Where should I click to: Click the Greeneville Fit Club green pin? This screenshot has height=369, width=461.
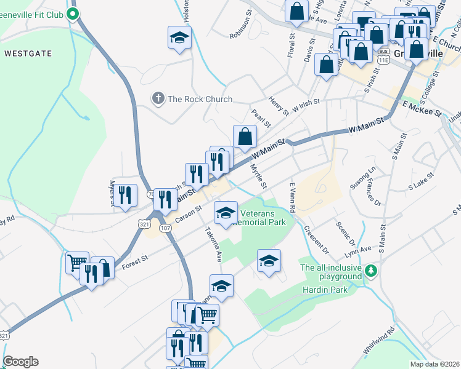click(73, 14)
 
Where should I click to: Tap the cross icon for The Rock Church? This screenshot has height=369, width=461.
click(158, 98)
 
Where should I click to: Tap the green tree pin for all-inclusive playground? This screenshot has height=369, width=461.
click(371, 270)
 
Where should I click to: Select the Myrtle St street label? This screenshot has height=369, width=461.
click(259, 175)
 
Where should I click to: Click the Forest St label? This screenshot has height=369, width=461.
click(136, 261)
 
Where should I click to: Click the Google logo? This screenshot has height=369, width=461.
click(20, 362)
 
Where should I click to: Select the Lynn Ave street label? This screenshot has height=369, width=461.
click(358, 249)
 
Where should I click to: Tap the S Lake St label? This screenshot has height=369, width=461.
click(420, 181)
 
